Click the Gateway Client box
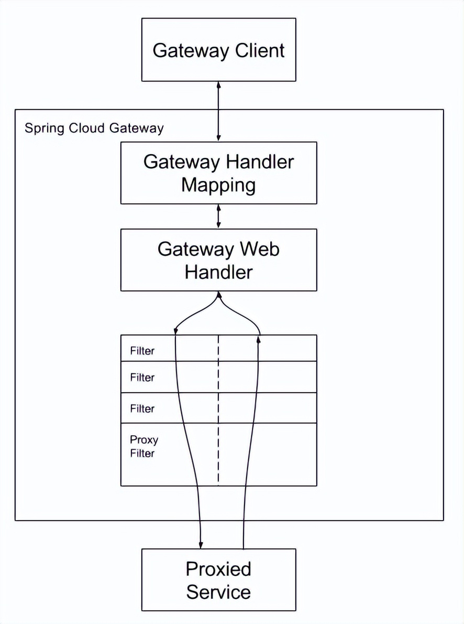coord(218,50)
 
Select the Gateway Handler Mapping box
coord(218,173)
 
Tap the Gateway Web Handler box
coord(218,260)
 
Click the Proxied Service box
coord(218,580)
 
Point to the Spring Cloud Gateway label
coord(94,128)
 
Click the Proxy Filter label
coord(144,446)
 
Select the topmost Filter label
coord(142,351)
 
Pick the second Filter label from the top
coord(142,378)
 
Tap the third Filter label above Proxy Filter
coord(142,408)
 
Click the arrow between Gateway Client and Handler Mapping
coord(218,111)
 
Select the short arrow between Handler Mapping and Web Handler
coord(218,216)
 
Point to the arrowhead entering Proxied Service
coord(201,544)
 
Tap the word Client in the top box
coord(260,50)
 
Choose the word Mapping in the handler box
coord(218,185)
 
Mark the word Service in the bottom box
coord(218,592)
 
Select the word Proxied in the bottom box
coord(218,569)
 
